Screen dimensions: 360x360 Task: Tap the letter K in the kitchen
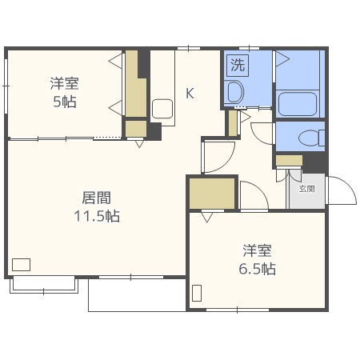click(x=190, y=93)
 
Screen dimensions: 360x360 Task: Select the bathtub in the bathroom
click(x=299, y=103)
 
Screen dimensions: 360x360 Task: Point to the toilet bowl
click(x=308, y=138)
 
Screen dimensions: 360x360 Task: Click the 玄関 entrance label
click(x=306, y=190)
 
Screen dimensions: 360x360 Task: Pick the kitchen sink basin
click(x=163, y=110)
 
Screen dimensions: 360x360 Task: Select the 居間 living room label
click(x=96, y=198)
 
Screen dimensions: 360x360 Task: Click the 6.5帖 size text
click(x=258, y=269)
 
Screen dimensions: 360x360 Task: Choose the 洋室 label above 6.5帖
click(x=258, y=250)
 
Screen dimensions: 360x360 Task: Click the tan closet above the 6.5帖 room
click(x=212, y=193)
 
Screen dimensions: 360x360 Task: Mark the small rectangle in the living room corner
click(x=22, y=264)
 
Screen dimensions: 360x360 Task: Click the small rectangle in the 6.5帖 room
click(x=197, y=293)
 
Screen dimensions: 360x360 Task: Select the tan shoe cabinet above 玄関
click(x=287, y=161)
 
